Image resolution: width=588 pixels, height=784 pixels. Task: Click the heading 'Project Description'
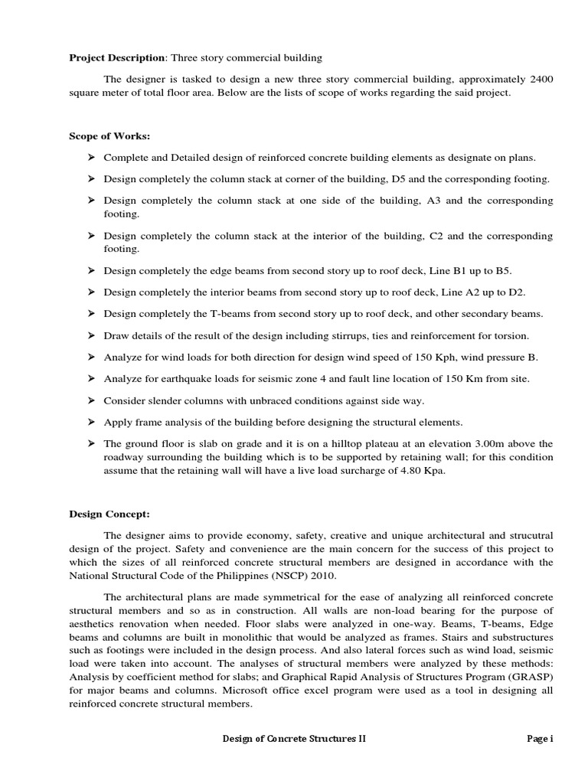coord(116,57)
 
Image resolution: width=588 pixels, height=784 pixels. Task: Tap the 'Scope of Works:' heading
coord(109,136)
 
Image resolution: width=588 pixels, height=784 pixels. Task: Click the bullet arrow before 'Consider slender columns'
coord(90,400)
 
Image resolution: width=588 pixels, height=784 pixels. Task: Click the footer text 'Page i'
coord(540,739)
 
